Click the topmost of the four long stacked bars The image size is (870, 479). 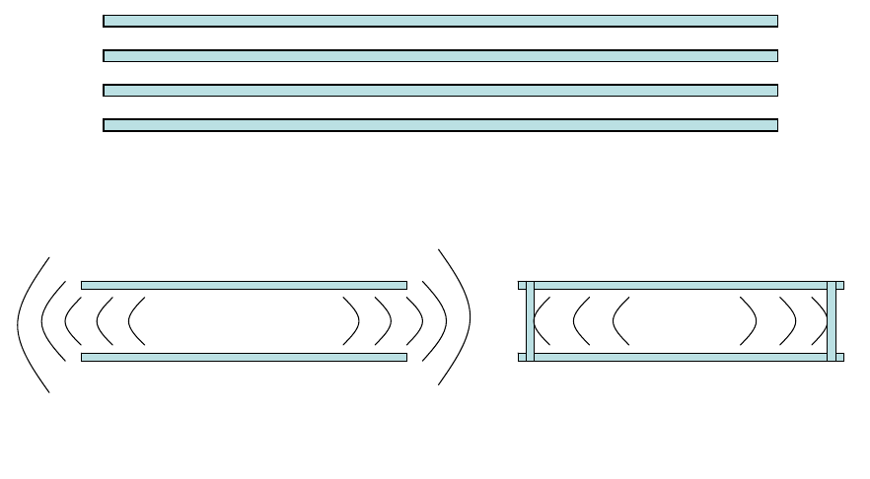tap(440, 21)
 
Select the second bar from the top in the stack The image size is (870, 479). tap(440, 56)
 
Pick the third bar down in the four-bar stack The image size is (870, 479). tap(440, 91)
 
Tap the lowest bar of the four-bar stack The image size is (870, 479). tap(440, 125)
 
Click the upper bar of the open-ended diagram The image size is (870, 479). tap(244, 285)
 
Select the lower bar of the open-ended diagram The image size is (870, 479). tap(244, 357)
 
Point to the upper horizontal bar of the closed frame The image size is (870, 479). tap(681, 285)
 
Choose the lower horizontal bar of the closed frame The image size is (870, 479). tap(681, 357)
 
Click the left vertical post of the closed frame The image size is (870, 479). tap(531, 321)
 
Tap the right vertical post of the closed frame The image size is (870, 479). tap(832, 321)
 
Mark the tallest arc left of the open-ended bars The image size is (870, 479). tap(20, 321)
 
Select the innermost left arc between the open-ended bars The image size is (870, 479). tap(130, 321)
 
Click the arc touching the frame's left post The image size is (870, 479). tap(537, 321)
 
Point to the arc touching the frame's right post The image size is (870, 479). tap(826, 321)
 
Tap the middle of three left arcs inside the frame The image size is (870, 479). tap(574, 321)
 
